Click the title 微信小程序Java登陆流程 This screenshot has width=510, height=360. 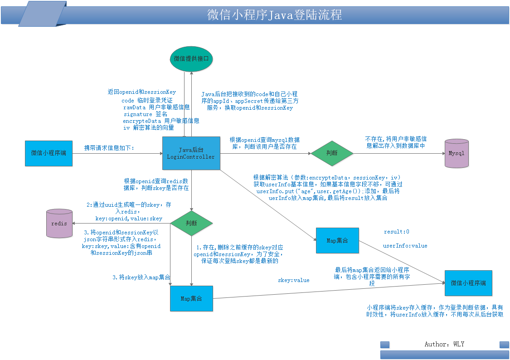pos(274,15)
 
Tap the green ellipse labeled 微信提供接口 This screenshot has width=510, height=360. pos(191,59)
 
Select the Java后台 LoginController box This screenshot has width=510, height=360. pos(191,153)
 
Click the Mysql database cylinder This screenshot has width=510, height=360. pos(457,153)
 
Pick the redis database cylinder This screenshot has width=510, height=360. pos(59,224)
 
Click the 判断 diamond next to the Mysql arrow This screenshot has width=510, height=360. pos(332,153)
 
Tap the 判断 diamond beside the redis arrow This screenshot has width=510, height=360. pos(192,224)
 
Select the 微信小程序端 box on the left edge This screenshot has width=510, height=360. pos(49,154)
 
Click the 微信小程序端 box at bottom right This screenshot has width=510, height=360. pos(468,283)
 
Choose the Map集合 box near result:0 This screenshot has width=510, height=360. pos(337,241)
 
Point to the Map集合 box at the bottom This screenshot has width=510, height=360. pos(192,298)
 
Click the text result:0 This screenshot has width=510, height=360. pos(397,232)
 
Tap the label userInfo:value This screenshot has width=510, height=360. pos(405,246)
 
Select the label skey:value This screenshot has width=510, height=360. pos(294,280)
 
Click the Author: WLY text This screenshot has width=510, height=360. pos(444,344)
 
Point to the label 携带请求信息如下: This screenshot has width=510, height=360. pos(109,148)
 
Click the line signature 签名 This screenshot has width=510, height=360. pos(146,114)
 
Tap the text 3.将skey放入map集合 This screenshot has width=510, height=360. pos(141,277)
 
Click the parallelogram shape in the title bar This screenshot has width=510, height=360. pos(43,14)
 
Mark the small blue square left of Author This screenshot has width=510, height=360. pos(385,345)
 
